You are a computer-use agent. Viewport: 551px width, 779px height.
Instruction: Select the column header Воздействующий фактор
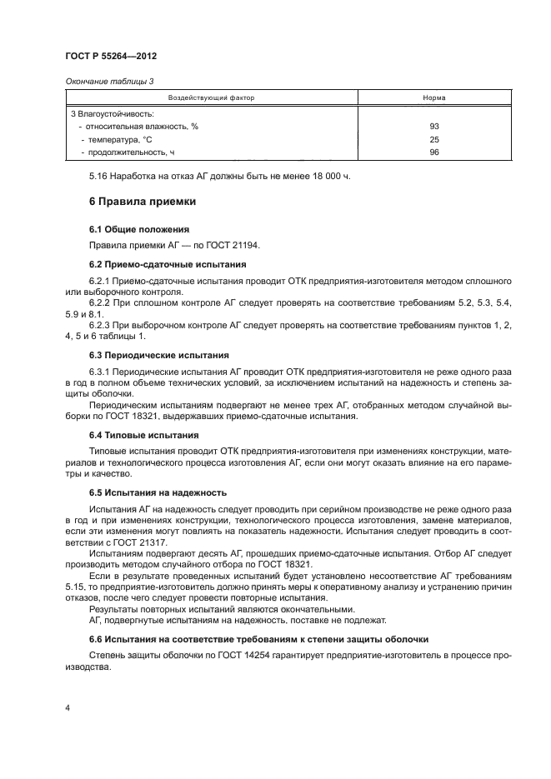tap(212, 98)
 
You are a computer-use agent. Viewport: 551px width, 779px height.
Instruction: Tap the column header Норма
tap(433, 98)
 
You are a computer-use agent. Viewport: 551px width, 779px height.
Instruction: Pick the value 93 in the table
tap(433, 126)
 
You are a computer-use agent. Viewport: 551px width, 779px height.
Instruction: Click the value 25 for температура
tap(433, 139)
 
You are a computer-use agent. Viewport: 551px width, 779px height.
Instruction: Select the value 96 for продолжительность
tap(433, 152)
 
